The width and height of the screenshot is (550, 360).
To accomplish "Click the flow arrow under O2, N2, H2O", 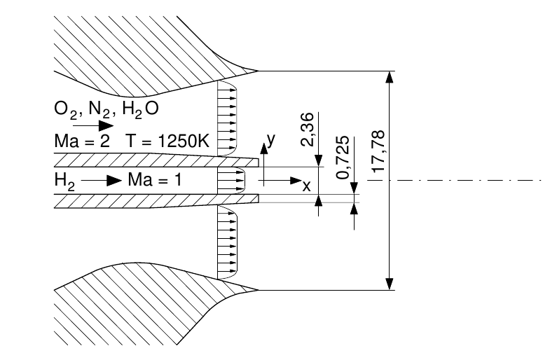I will point(97,126).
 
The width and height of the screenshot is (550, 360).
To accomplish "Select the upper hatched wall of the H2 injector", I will point(140,160).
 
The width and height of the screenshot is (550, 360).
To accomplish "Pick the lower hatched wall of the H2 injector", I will point(140,200).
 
